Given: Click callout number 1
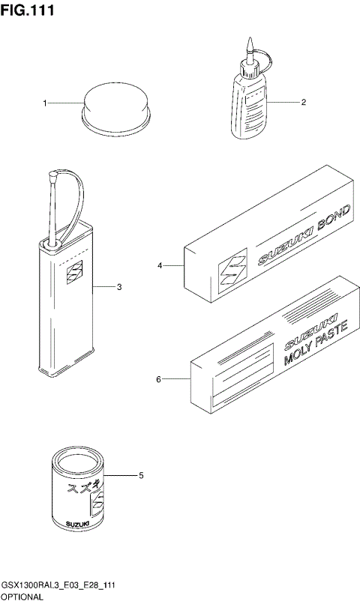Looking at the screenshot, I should click(44, 103).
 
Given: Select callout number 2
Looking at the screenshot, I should click(304, 103).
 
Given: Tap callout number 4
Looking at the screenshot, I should click(160, 265).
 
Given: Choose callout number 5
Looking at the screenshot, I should click(141, 475).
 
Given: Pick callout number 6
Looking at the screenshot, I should click(158, 379).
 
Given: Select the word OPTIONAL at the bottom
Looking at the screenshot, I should click(22, 597).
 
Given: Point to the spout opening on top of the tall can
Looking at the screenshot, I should click(54, 242).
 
